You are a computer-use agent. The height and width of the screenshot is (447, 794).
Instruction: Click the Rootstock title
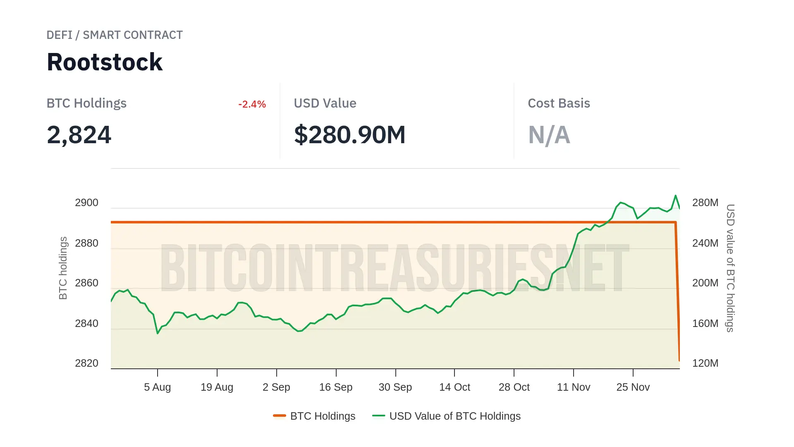click(x=105, y=62)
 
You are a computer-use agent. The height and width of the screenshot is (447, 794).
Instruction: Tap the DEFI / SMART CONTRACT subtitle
click(x=115, y=35)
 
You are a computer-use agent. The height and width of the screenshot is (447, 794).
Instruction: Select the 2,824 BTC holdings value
click(x=79, y=135)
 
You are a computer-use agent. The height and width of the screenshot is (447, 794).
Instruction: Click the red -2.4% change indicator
click(x=252, y=104)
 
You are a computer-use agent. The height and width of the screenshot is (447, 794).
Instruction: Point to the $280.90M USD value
click(x=349, y=135)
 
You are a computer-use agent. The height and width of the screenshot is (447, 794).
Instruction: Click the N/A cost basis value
click(x=549, y=135)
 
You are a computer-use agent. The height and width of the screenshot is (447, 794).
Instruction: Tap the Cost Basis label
click(x=559, y=103)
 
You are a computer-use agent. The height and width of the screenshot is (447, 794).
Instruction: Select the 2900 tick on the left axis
click(x=86, y=203)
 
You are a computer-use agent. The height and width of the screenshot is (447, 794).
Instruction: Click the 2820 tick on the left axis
click(x=86, y=363)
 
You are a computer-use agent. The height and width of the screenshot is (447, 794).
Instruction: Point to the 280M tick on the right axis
click(x=705, y=203)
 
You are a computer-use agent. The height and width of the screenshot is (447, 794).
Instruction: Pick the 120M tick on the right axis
click(x=705, y=363)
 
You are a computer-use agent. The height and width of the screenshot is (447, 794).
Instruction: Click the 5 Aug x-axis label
click(x=157, y=387)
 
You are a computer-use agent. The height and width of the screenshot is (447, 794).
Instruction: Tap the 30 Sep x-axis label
click(x=395, y=387)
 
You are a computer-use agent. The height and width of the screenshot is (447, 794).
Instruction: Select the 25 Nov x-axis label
click(x=633, y=387)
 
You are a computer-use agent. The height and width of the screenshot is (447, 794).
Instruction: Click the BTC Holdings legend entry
click(x=314, y=416)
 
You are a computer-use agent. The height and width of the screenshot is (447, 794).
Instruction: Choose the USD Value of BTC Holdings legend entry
click(x=447, y=416)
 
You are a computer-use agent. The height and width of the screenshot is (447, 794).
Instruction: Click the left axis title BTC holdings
click(x=63, y=268)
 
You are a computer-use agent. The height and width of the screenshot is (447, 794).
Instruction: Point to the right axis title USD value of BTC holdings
click(x=730, y=268)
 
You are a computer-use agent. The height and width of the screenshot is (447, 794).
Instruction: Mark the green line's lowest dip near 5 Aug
click(x=158, y=333)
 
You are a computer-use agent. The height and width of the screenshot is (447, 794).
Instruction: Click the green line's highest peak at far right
click(x=676, y=195)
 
